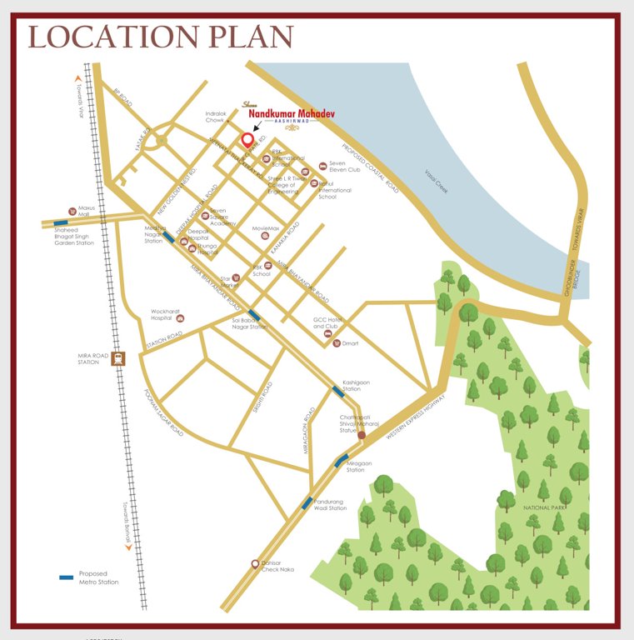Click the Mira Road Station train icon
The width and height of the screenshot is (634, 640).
coord(118,358)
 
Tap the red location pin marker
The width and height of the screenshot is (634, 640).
coord(247,140)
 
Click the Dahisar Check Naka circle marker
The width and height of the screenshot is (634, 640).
coord(255,564)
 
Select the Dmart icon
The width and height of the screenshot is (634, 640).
coord(335,342)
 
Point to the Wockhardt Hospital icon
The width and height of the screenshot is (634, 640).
coord(182,318)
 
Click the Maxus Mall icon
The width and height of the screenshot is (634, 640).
coord(72,212)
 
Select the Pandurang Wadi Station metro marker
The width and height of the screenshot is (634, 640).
coord(307,502)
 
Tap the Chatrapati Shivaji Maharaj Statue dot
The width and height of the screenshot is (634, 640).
coord(362,435)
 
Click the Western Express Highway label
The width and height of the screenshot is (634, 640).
coord(416,415)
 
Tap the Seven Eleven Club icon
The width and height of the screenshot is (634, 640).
coord(322,166)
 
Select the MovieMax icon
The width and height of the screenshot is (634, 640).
coord(265,236)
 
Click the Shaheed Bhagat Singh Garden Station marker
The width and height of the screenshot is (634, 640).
coord(61,223)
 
